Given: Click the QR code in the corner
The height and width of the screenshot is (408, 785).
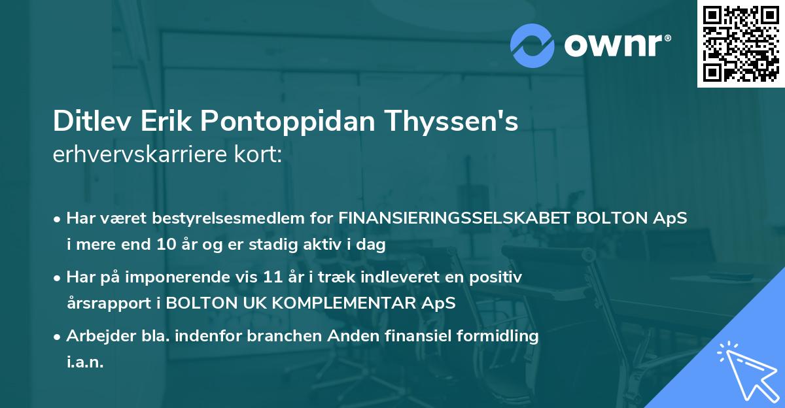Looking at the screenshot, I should (x=741, y=43).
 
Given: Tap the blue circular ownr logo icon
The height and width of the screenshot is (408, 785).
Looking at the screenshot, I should (x=532, y=46).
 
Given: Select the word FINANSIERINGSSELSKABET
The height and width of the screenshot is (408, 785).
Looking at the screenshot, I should (x=453, y=218).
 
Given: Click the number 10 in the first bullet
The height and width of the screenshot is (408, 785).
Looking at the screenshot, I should (x=166, y=245).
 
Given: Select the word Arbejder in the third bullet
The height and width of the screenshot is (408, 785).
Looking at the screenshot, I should (x=96, y=336).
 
